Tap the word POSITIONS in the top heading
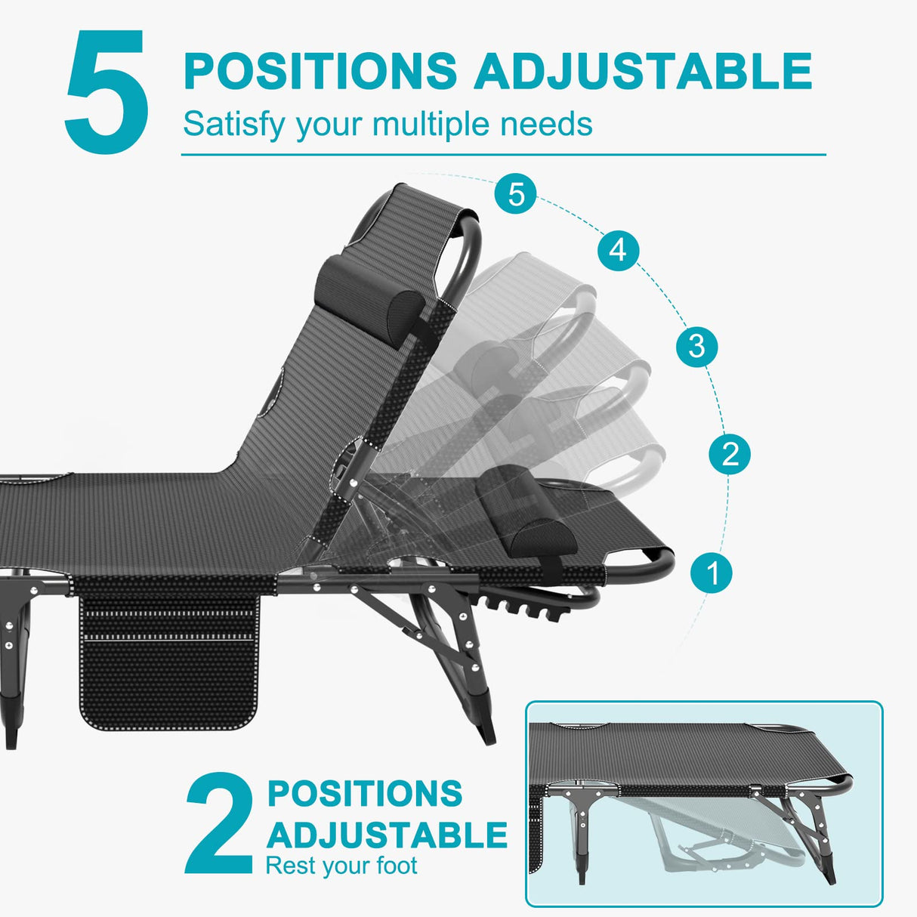320,71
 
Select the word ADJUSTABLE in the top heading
643,71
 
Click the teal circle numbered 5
516,194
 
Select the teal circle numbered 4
618,249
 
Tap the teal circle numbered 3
696,346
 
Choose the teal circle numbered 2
730,454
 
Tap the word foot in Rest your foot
397,866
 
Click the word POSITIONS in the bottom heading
365,794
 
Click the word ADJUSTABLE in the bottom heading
387,835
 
